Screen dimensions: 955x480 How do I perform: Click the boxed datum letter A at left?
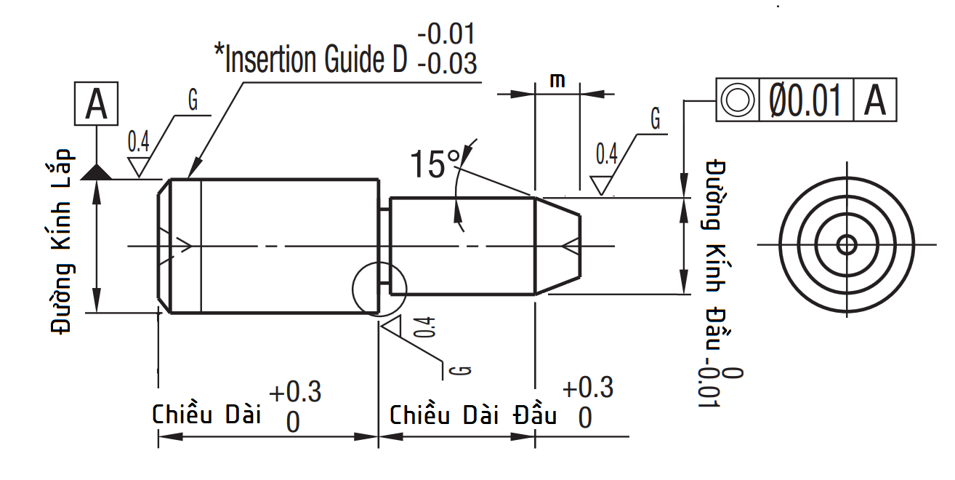pyautogui.click(x=97, y=104)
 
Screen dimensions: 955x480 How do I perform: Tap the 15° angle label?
pyautogui.click(x=435, y=164)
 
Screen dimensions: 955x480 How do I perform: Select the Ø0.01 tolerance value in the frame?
pyautogui.click(x=805, y=100)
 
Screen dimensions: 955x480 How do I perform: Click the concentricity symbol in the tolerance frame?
pyautogui.click(x=738, y=100)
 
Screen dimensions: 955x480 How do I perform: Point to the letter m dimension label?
pyautogui.click(x=557, y=80)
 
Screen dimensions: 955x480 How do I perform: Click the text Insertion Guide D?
pyautogui.click(x=311, y=59)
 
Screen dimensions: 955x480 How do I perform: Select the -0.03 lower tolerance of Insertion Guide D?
pyautogui.click(x=447, y=63)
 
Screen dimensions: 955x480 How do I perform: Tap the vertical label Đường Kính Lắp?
pyautogui.click(x=60, y=241)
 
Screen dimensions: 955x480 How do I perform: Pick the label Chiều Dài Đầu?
pyautogui.click(x=473, y=415)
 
